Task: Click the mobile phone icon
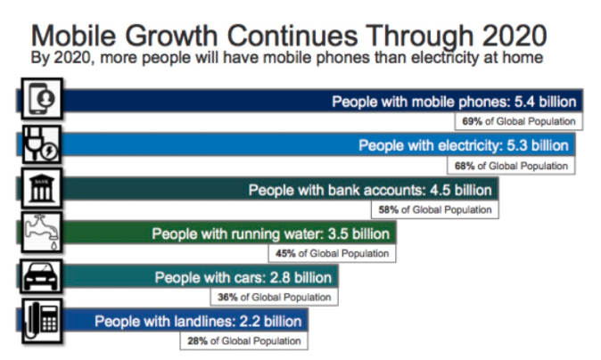(x=42, y=98)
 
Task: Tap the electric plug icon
(x=42, y=144)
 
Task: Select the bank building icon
(x=42, y=188)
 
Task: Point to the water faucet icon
(x=42, y=232)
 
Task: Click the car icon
(x=41, y=275)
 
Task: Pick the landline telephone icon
(x=42, y=321)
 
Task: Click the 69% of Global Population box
(x=519, y=121)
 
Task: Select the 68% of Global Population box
(x=511, y=166)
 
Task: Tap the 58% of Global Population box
(x=435, y=210)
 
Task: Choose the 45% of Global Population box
(x=333, y=254)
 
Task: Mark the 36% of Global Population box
(x=275, y=298)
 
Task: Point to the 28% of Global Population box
(x=244, y=341)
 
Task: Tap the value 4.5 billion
(x=461, y=191)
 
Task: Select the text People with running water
(x=238, y=234)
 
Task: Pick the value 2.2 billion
(x=270, y=322)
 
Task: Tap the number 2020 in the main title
(x=515, y=36)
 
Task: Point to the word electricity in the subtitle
(x=445, y=58)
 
